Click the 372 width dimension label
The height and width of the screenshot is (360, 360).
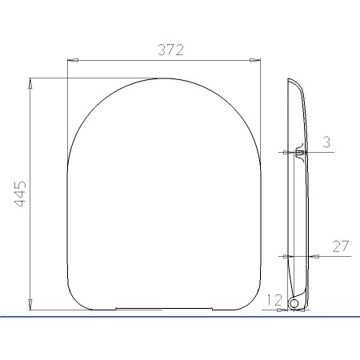coord(170,50)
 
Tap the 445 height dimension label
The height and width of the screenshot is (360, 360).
coord(20,194)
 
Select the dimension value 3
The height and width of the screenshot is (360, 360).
coord(326,142)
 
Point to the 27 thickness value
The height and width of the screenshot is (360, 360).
coord(341,246)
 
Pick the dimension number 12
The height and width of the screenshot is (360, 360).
coord(274,300)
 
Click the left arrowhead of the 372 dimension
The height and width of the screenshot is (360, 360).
coord(73,61)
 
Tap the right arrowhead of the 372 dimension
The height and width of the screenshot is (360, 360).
coord(254,61)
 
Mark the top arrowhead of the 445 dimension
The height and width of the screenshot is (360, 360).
coord(30,83)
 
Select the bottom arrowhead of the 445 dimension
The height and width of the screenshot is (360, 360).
coord(30,305)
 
